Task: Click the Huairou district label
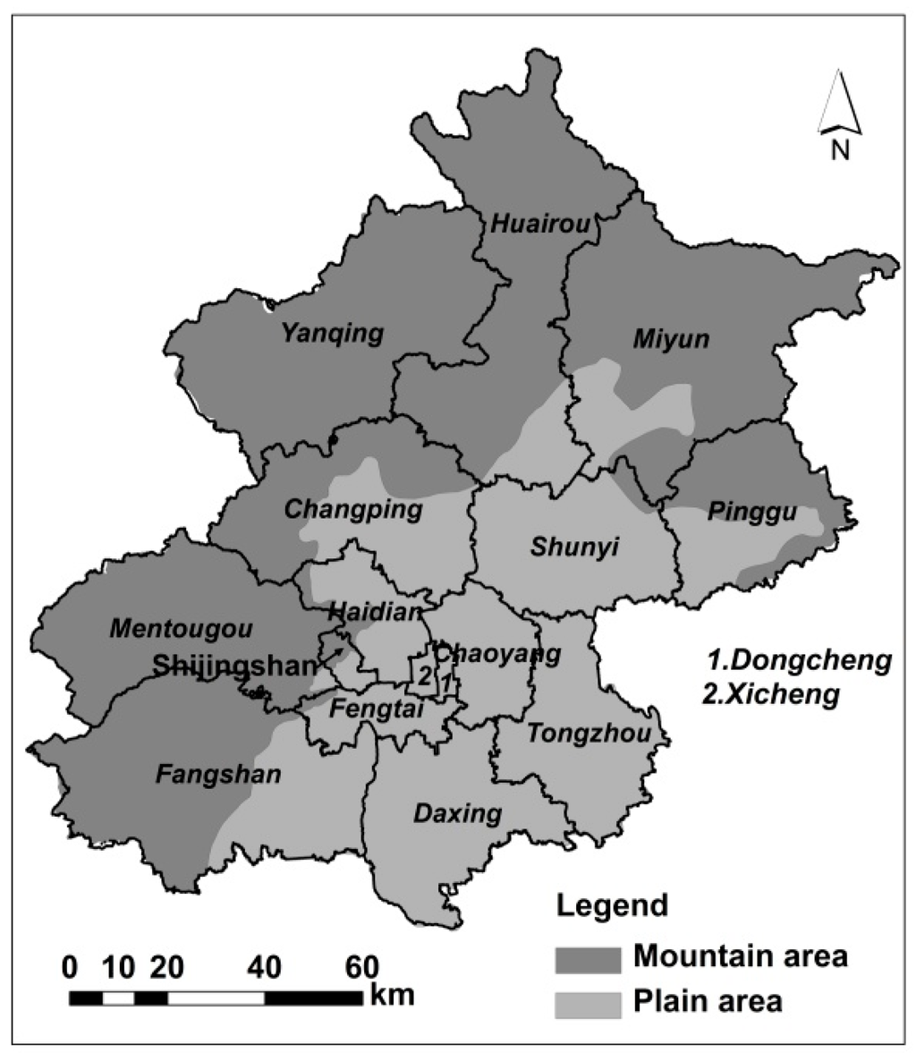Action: click(540, 224)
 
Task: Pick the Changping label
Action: click(352, 510)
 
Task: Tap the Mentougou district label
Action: click(181, 628)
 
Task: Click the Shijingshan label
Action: click(234, 666)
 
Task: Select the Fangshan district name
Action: click(218, 773)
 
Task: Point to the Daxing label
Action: click(457, 813)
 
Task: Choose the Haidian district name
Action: click(374, 613)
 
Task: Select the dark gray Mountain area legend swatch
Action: click(587, 959)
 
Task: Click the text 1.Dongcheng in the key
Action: click(799, 661)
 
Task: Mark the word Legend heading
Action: click(612, 904)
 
